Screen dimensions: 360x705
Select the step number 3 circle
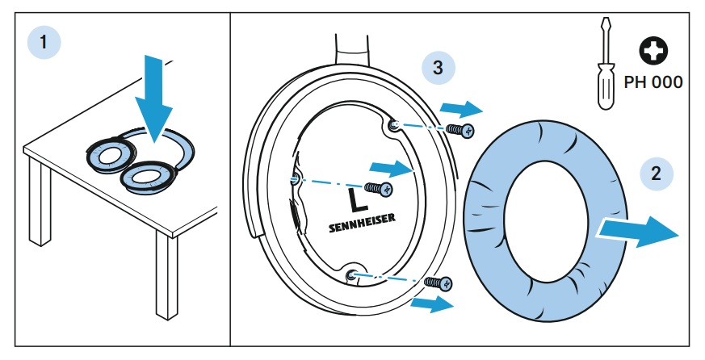[x=438, y=68]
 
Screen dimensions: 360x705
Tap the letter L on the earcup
[x=353, y=199]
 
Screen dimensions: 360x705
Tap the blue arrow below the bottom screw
[x=432, y=303]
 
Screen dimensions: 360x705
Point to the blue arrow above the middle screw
[x=390, y=168]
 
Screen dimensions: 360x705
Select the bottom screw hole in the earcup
[x=350, y=276]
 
